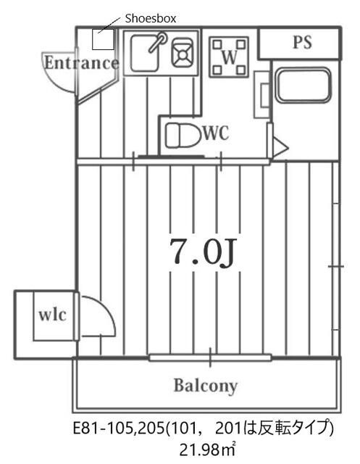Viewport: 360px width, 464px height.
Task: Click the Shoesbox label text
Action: click(151, 18)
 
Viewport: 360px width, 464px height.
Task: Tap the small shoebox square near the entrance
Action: click(103, 39)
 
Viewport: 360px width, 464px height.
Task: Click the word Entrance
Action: click(82, 63)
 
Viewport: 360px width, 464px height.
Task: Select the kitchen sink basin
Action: click(144, 53)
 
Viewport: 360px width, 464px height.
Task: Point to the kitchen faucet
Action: click(157, 42)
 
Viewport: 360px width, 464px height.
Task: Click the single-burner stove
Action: click(183, 53)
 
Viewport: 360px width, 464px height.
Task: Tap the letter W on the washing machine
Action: click(230, 57)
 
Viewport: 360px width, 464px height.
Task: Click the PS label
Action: click(302, 42)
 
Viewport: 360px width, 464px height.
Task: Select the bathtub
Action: click(304, 86)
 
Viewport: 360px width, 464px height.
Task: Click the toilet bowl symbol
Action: click(182, 136)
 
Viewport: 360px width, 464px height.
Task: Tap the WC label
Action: click(216, 133)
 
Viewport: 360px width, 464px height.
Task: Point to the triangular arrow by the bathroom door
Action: click(280, 146)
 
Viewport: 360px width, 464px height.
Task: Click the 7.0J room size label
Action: click(202, 252)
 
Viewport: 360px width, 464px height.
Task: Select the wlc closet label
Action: click(53, 315)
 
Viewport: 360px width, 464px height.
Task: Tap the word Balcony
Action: click(206, 386)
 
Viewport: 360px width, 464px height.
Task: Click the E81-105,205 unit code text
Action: click(119, 428)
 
